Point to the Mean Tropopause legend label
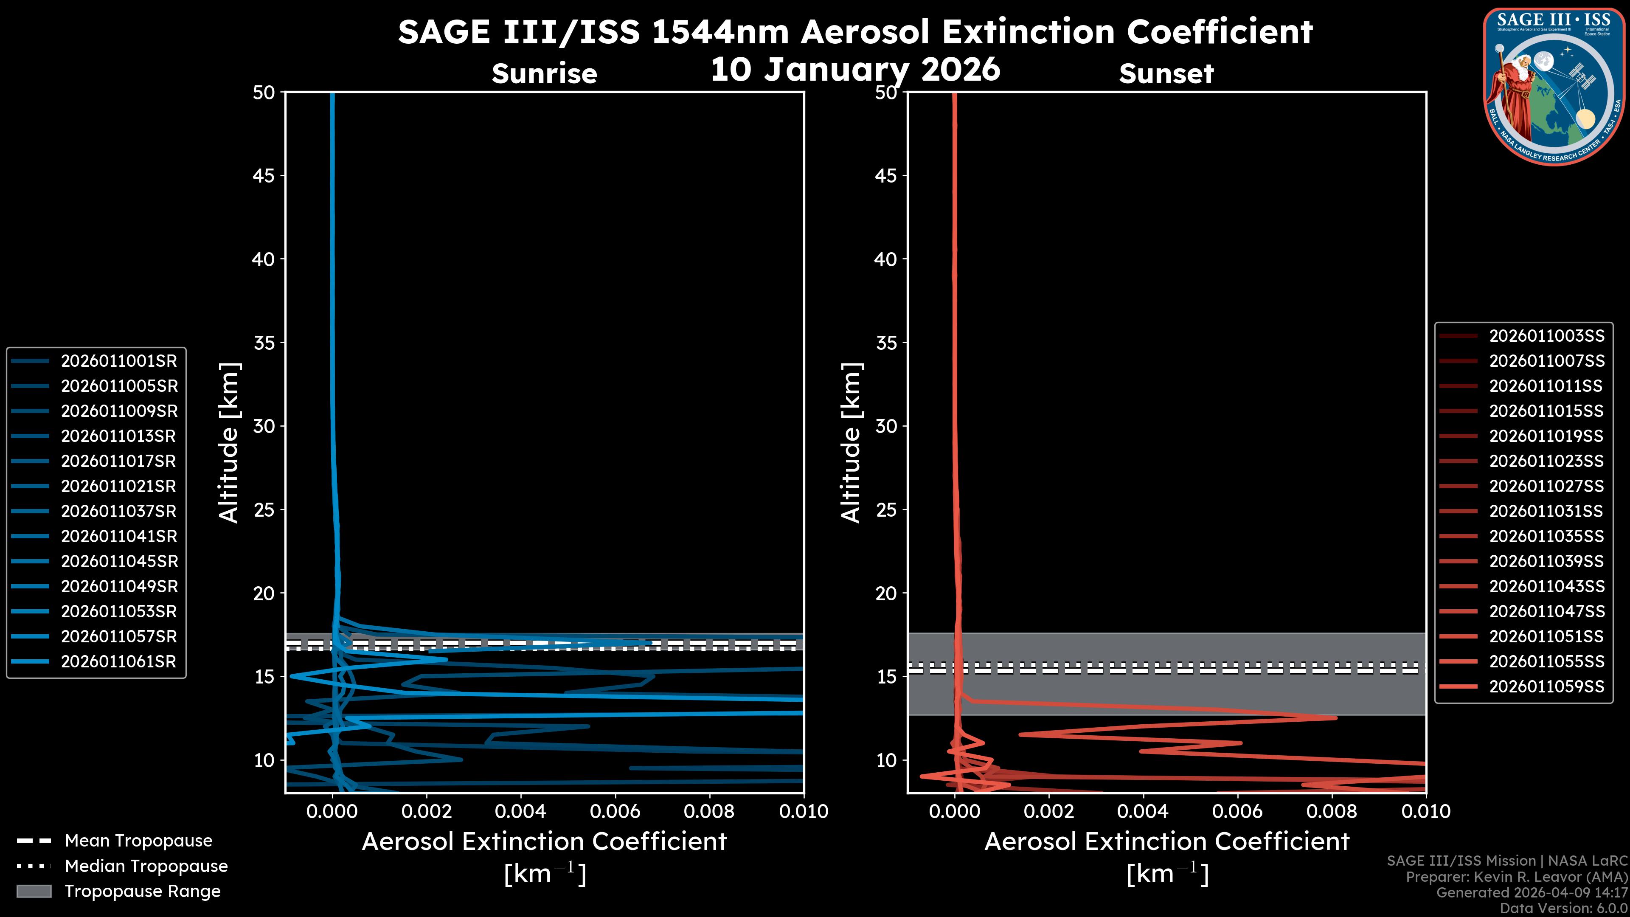138,841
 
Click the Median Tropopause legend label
146,866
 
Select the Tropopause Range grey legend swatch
34,891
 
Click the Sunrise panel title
544,74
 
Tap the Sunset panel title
1166,74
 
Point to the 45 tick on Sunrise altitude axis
264,175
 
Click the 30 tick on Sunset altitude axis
886,426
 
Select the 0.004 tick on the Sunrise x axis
520,811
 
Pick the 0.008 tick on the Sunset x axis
1332,811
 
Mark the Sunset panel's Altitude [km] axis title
852,442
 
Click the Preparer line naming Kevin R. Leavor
1516,877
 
